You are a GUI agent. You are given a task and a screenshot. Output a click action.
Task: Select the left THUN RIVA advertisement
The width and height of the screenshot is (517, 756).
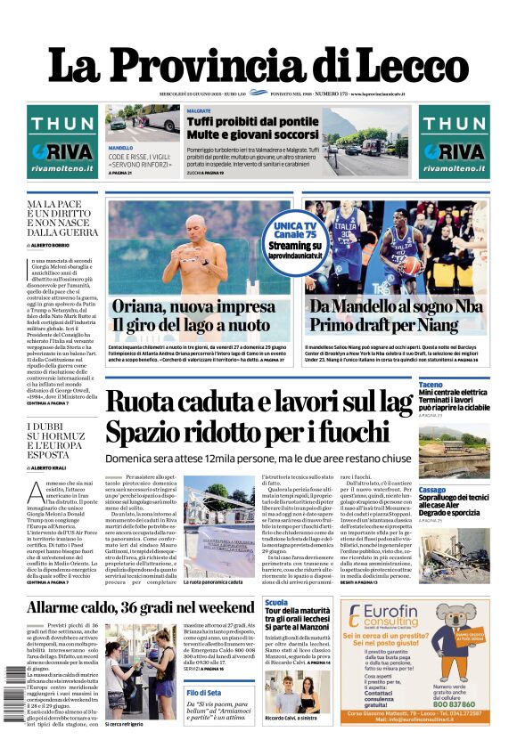(x=62, y=142)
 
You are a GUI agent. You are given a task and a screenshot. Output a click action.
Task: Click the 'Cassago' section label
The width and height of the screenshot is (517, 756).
(x=433, y=490)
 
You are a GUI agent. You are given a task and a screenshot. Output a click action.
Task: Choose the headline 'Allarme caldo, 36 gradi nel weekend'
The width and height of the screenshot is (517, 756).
(x=142, y=608)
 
